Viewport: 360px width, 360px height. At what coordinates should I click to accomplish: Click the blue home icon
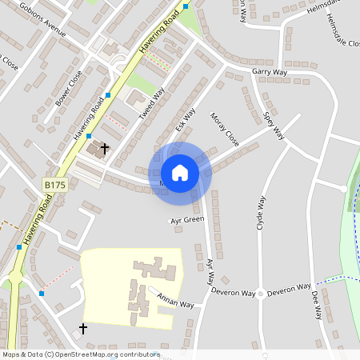(x=180, y=172)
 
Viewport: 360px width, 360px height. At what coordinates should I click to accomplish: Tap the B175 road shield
(x=54, y=185)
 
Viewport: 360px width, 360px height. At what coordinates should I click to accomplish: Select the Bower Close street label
(x=68, y=90)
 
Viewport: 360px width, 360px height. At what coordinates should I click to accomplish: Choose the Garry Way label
(x=269, y=72)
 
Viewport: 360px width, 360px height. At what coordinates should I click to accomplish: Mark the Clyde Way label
(x=261, y=216)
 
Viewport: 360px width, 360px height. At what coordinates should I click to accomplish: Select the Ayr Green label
(x=187, y=219)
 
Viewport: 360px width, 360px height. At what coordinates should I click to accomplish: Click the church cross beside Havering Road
(x=105, y=149)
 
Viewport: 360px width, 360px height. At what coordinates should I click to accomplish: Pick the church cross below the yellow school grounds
(x=83, y=329)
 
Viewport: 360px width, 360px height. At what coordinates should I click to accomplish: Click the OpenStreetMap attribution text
(x=81, y=354)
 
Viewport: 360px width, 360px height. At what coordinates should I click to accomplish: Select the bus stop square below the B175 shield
(x=19, y=247)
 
